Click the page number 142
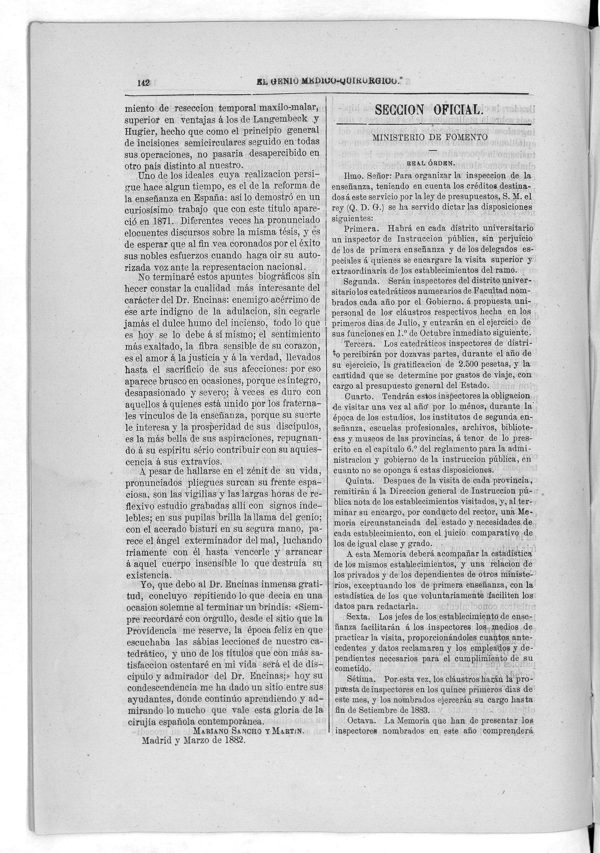point(143,83)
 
